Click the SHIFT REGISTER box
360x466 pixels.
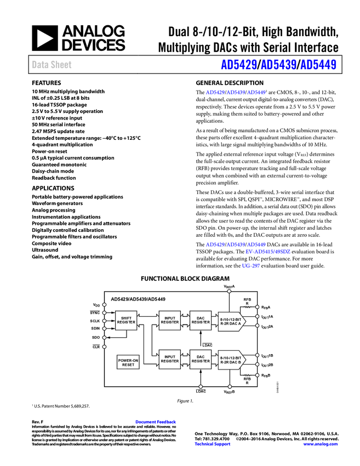point(126,320)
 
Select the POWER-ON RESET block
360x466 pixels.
point(128,362)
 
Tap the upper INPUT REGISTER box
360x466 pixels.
point(170,320)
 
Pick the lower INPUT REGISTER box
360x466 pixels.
point(170,359)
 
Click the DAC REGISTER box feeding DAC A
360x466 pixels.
point(201,320)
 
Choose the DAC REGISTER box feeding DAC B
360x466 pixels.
point(201,359)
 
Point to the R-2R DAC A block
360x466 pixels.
point(231,322)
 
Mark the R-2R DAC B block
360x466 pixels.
point(231,360)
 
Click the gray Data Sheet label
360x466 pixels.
point(52,65)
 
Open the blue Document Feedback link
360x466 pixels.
point(156,422)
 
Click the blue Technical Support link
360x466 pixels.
point(213,444)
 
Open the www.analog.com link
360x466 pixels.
point(321,444)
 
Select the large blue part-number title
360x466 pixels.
point(278,65)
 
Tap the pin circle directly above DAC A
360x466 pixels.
point(229,291)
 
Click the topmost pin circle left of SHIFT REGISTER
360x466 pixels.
point(104,304)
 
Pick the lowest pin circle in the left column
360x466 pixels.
point(104,346)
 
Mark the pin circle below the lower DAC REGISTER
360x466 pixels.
point(201,387)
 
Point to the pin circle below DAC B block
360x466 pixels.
point(230,387)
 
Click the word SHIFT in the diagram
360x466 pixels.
point(126,318)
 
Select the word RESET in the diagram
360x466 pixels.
point(128,365)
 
